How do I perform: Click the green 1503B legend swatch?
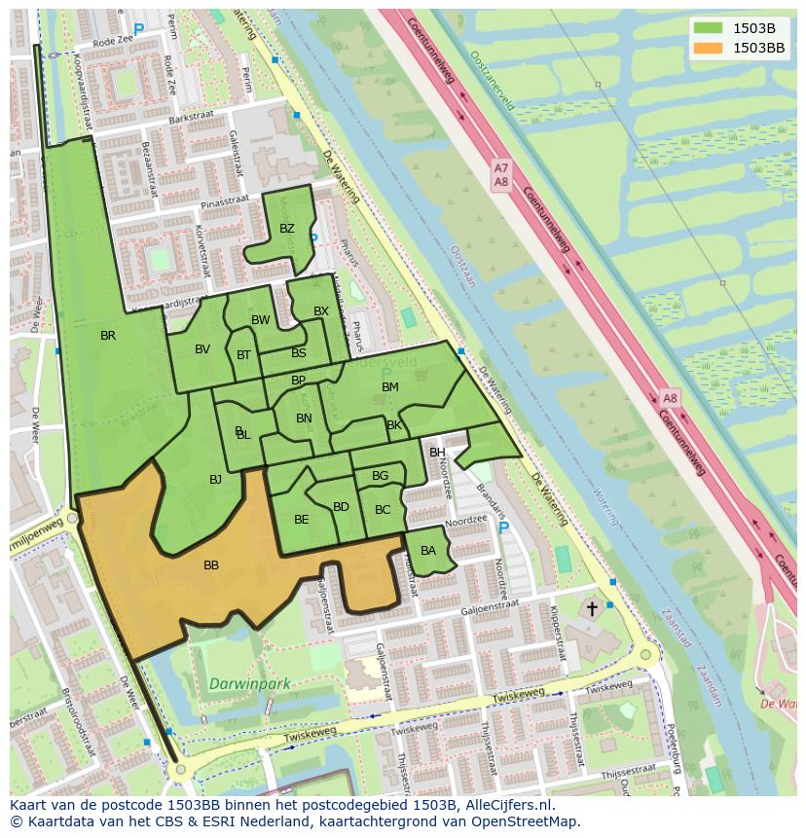coord(708,28)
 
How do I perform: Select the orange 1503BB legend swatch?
coord(708,48)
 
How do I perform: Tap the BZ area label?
coord(286,229)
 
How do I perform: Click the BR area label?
coord(108,336)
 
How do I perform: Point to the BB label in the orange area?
coord(211,565)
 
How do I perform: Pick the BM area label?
coord(389,387)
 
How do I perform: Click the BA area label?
coord(427,551)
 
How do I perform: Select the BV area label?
coord(202,349)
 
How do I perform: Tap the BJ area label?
coord(215,479)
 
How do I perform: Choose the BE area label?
coord(301,520)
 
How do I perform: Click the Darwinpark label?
coord(249,684)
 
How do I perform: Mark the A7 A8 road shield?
coord(500,175)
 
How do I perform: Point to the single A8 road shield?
coord(669,398)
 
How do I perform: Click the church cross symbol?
coord(591,608)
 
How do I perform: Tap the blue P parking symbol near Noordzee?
coord(502,528)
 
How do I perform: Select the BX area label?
coord(321,311)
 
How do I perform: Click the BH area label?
coord(437,453)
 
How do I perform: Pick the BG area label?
coord(380,476)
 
